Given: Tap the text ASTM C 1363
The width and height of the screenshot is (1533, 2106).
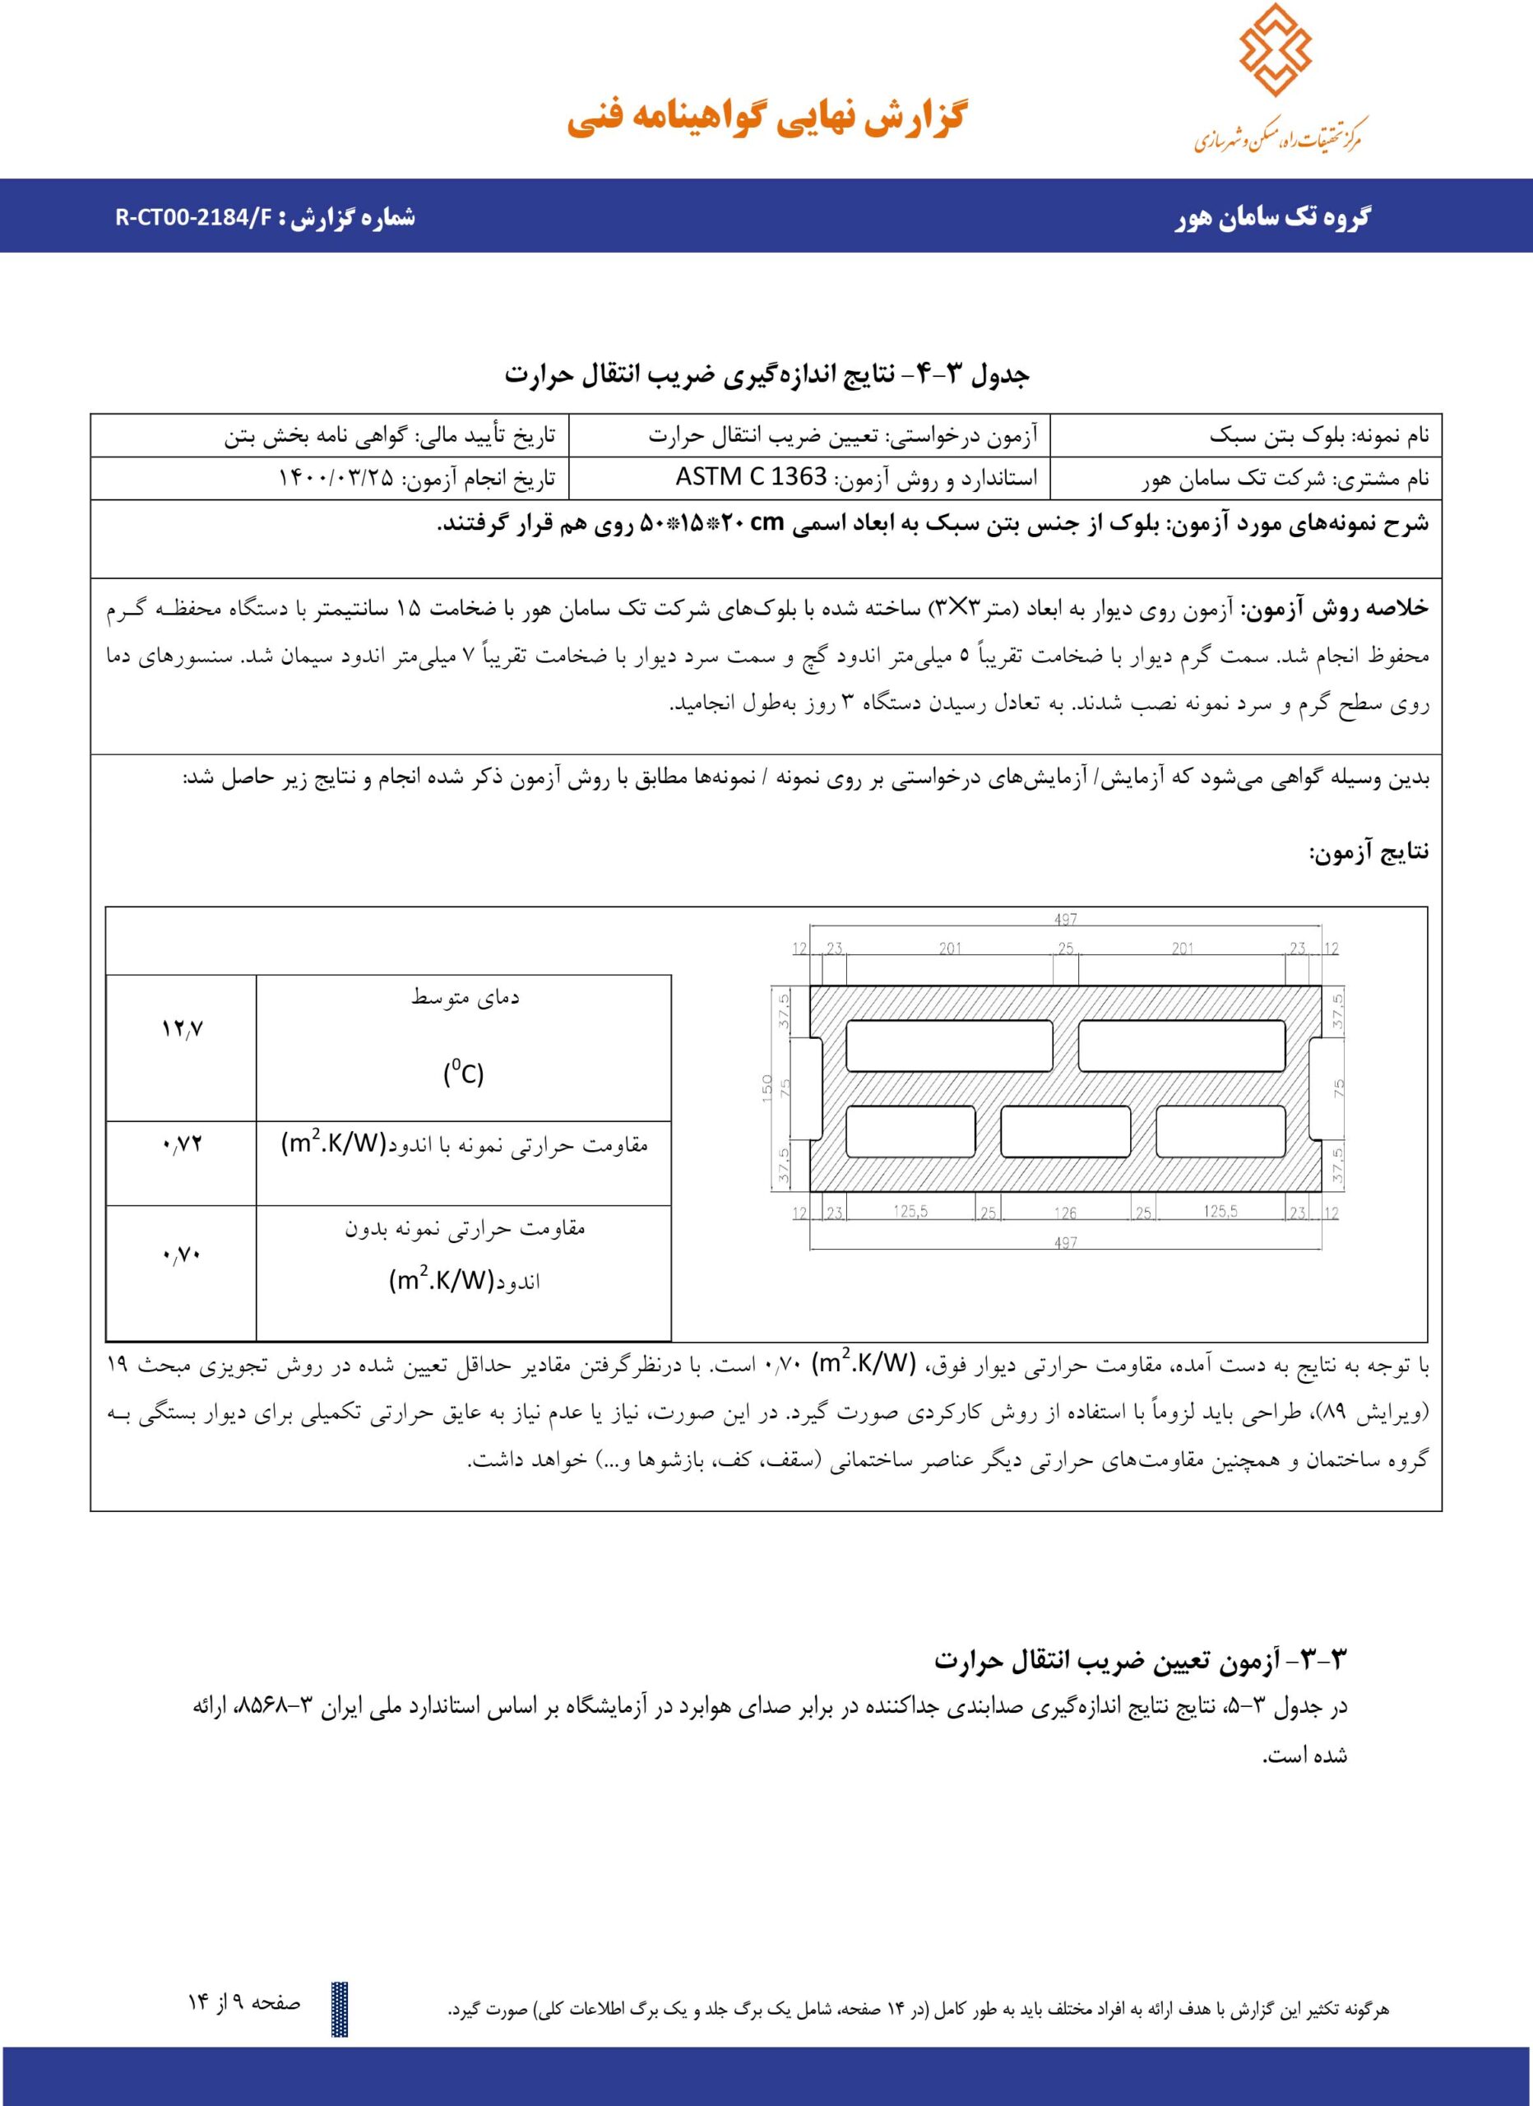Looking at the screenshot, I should click(x=750, y=478).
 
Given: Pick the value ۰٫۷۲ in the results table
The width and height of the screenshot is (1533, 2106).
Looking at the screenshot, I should click(x=182, y=1144).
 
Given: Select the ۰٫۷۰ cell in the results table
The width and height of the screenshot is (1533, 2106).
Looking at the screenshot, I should click(x=182, y=1255).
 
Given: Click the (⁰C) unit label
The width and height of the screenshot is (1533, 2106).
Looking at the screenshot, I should click(x=463, y=1074).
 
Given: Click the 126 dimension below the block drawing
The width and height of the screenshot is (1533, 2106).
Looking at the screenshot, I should click(x=1065, y=1213).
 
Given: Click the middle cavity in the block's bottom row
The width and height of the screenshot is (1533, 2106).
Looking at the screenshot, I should click(x=1065, y=1132).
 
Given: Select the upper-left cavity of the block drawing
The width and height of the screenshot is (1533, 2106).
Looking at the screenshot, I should click(x=949, y=1046).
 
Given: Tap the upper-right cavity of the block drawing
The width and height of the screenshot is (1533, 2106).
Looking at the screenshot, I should click(x=1181, y=1046).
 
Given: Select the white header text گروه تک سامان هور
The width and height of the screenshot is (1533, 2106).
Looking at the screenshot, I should click(x=1274, y=219).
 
